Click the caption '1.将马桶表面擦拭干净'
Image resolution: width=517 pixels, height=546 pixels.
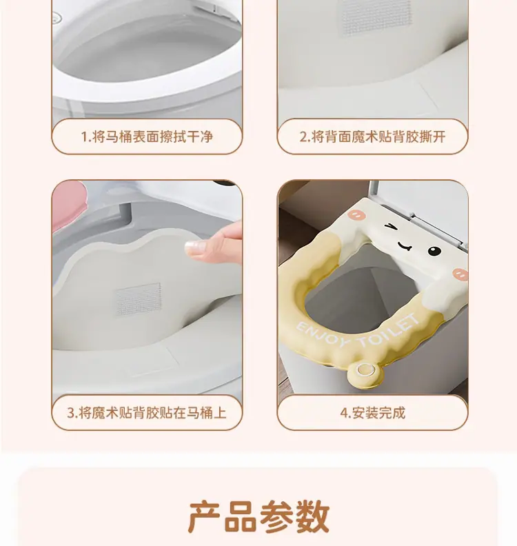[x=147, y=136]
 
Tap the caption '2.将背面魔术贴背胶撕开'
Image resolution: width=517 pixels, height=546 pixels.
[x=372, y=136]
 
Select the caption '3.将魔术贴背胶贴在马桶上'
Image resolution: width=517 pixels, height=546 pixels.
[x=147, y=413]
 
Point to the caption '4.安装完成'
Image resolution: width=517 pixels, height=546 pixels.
[x=372, y=413]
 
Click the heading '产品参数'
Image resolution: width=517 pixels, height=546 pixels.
[x=258, y=517]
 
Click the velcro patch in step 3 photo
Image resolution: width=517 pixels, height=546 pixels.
[x=139, y=299]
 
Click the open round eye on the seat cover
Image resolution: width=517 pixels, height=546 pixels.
[x=434, y=250]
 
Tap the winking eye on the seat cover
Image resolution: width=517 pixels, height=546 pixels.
[x=392, y=227]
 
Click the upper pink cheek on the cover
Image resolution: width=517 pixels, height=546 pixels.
[x=356, y=214]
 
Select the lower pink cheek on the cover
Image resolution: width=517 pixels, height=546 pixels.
[x=460, y=274]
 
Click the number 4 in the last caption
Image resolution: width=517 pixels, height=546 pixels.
[x=344, y=414]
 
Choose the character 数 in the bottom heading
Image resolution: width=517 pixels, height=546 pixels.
[x=313, y=517]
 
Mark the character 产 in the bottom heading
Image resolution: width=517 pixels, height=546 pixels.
[x=204, y=517]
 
